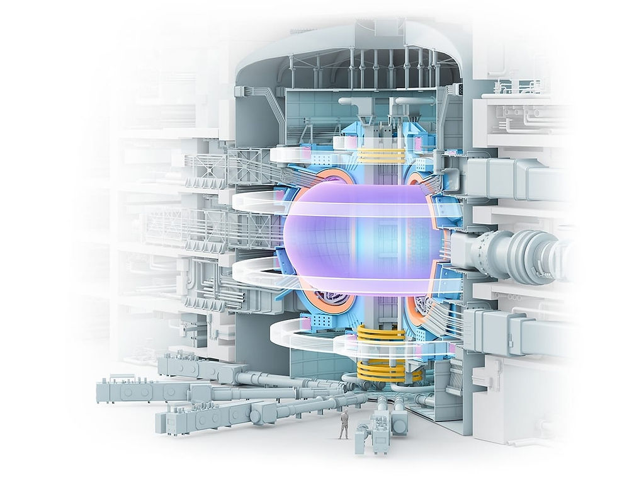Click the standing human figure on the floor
[x=343, y=424]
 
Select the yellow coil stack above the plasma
[x=382, y=156]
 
